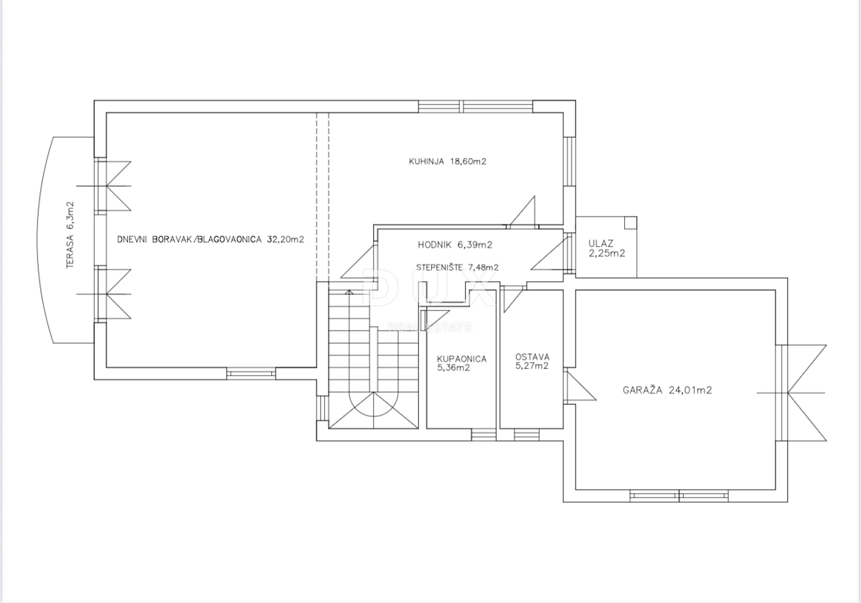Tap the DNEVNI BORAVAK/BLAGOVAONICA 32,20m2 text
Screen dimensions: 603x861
click(x=210, y=240)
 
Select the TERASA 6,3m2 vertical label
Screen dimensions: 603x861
click(x=70, y=234)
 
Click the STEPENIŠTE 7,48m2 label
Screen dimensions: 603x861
click(x=457, y=267)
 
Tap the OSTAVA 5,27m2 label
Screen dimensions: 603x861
click(x=532, y=361)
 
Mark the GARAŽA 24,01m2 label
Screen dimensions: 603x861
click(x=667, y=391)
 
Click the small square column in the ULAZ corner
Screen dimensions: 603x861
click(x=629, y=222)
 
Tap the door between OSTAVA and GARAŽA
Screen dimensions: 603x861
click(x=578, y=385)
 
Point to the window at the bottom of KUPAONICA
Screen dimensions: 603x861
click(x=482, y=434)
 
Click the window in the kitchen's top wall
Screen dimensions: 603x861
click(x=476, y=107)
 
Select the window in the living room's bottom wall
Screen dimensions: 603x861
click(x=251, y=373)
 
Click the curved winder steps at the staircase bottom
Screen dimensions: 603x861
click(x=372, y=411)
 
